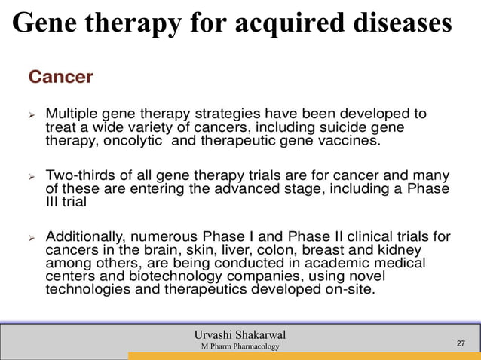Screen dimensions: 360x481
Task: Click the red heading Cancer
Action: pyautogui.click(x=61, y=77)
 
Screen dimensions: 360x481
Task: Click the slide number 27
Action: pyautogui.click(x=462, y=344)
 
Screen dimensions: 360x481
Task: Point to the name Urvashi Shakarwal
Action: pyautogui.click(x=240, y=334)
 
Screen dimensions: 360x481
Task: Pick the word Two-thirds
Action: pyautogui.click(x=82, y=175)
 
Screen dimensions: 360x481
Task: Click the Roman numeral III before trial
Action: pyautogui.click(x=54, y=202)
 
